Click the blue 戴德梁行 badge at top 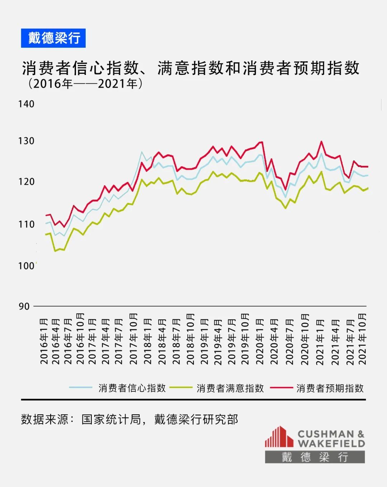53,38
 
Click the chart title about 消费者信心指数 190,68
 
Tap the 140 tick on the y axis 26,104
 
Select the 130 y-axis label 26,141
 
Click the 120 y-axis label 26,182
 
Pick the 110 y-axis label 26,225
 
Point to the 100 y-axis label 26,266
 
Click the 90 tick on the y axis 24,307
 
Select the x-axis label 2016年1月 44,341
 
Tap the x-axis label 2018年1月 148,341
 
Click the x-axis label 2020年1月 259,341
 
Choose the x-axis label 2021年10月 362,339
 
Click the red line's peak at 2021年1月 321,142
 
